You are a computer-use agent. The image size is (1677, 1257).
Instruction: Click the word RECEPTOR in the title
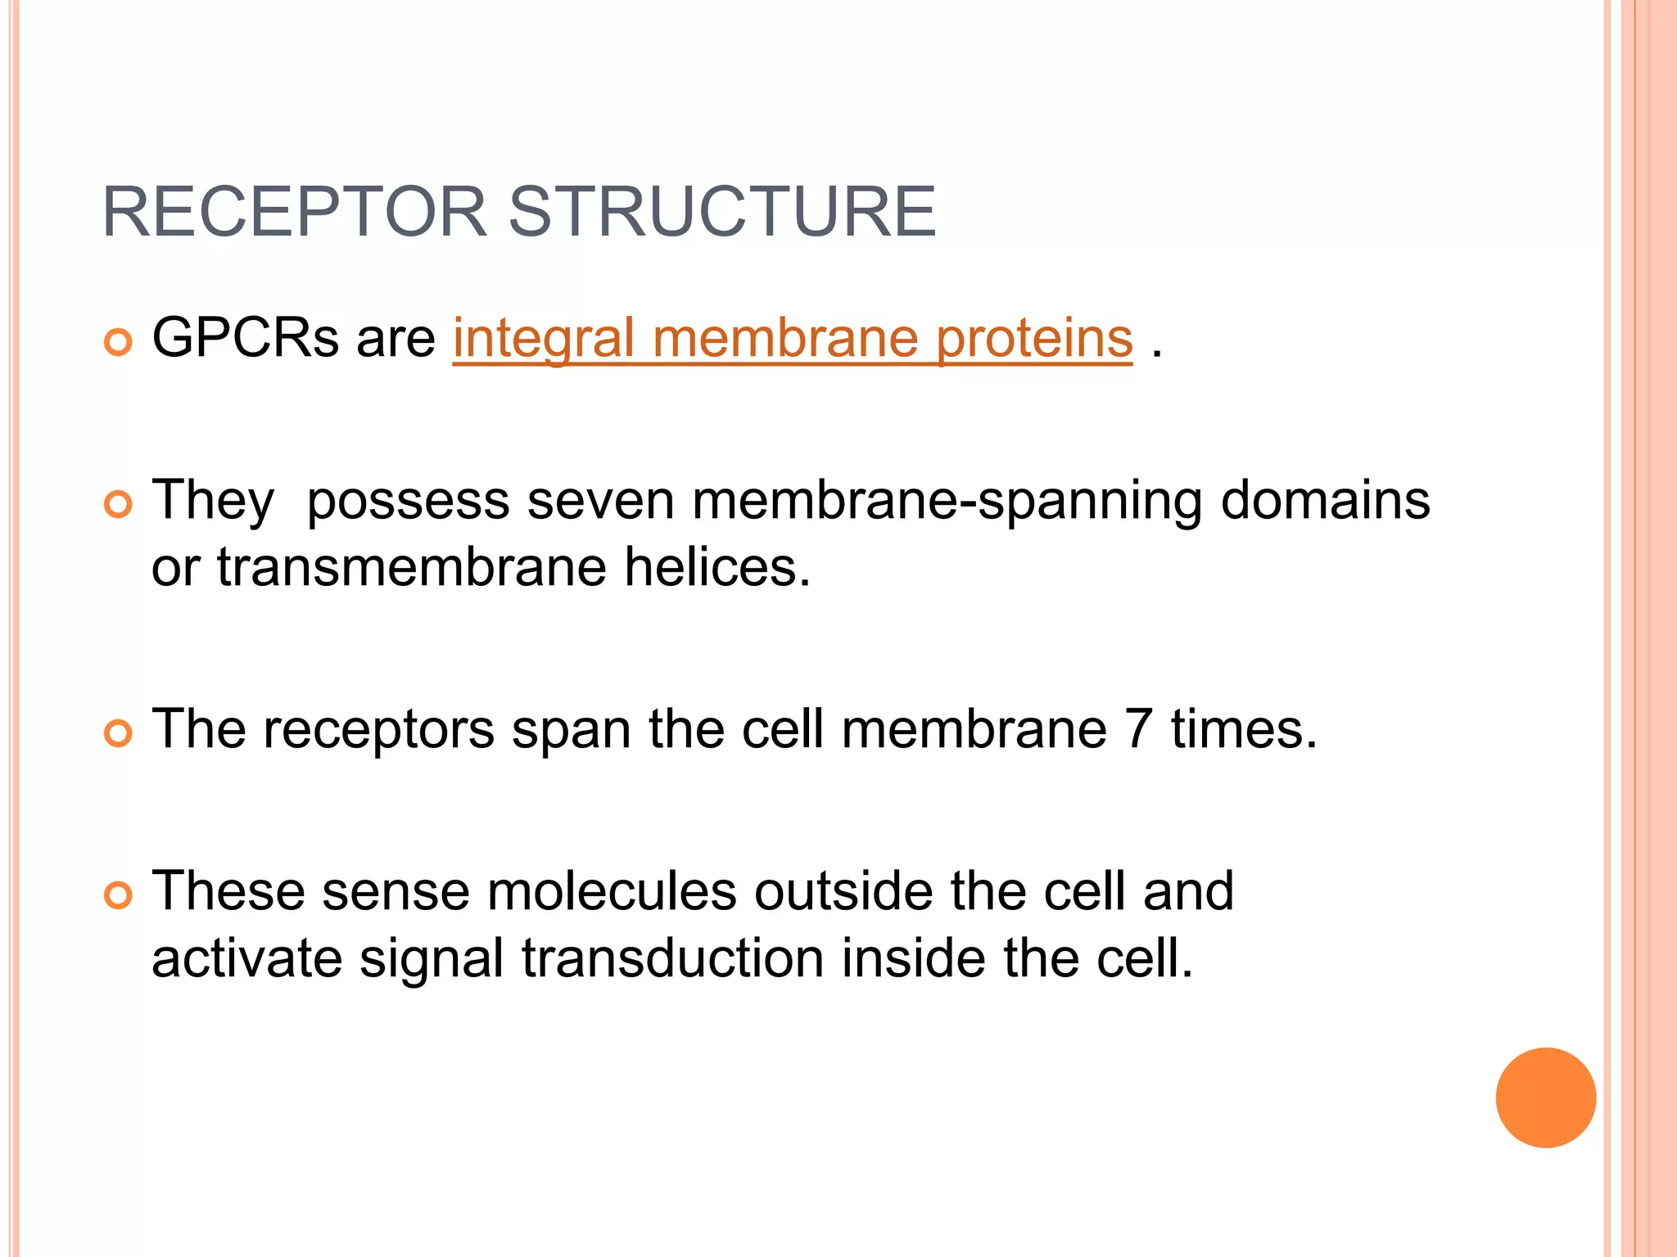294,213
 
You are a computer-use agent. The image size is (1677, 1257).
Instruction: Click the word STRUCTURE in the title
721,213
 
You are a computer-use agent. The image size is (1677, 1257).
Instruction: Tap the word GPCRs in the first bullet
245,338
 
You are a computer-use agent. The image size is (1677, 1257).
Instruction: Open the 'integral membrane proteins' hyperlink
792,338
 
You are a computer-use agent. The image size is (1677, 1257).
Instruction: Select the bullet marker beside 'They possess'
118,505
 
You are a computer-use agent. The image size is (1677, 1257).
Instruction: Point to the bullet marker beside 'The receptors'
118,733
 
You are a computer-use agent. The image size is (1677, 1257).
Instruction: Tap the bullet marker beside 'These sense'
118,896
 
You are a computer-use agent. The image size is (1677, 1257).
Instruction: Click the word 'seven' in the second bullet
600,501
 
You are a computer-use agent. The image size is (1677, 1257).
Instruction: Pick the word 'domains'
1325,501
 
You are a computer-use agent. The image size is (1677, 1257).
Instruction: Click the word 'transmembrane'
411,567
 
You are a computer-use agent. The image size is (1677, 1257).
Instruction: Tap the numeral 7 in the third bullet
1139,729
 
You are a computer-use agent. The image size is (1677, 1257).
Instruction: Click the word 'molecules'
612,891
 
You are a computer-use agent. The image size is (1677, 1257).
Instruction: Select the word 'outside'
843,891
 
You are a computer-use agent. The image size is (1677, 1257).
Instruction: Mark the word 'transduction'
672,958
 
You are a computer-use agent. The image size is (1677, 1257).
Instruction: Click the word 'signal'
432,960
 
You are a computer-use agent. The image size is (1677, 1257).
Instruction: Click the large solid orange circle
1545,1097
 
